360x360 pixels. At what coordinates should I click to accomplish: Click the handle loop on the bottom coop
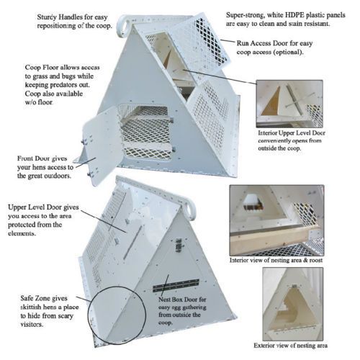192,210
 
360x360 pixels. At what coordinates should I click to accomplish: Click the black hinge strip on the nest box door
176,285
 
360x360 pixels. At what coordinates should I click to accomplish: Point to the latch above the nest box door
179,246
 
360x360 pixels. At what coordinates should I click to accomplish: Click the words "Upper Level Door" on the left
43,207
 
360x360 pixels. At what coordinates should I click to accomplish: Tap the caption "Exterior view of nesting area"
290,346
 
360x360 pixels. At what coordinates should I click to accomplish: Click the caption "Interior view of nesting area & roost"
276,260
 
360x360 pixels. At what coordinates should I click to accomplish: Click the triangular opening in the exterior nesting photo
291,311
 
